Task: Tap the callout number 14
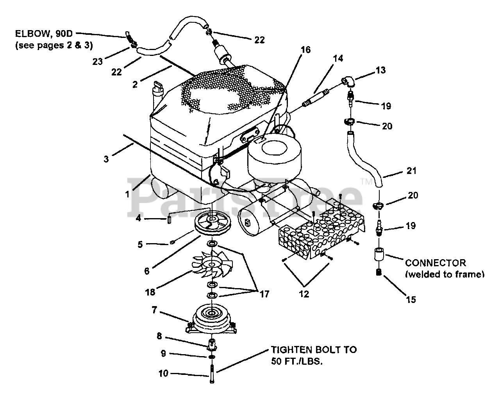tap(338, 58)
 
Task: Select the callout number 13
tap(380, 70)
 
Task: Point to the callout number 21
tap(411, 171)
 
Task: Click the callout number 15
tap(411, 300)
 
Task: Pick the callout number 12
tap(304, 294)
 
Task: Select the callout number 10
tap(163, 374)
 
